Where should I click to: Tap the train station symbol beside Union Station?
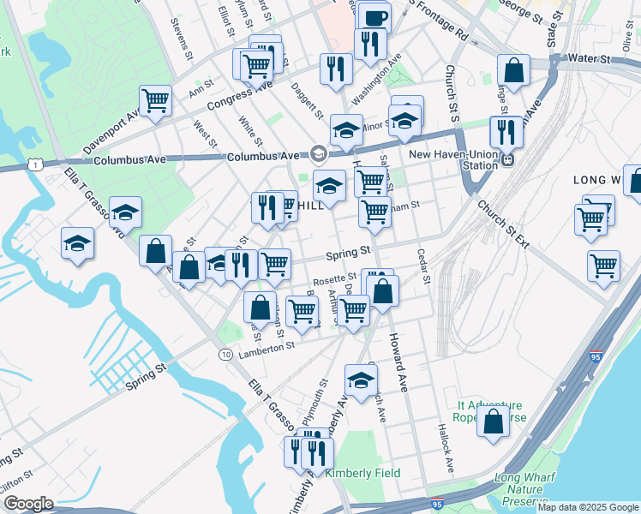(x=507, y=159)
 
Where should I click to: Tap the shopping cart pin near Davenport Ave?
(x=155, y=100)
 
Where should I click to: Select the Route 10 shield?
(x=225, y=354)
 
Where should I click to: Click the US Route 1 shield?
(x=33, y=163)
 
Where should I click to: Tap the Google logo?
(x=28, y=504)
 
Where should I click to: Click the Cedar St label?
(x=422, y=266)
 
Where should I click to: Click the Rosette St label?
(x=334, y=278)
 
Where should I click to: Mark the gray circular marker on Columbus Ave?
(x=319, y=153)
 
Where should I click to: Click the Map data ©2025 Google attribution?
(x=588, y=507)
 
